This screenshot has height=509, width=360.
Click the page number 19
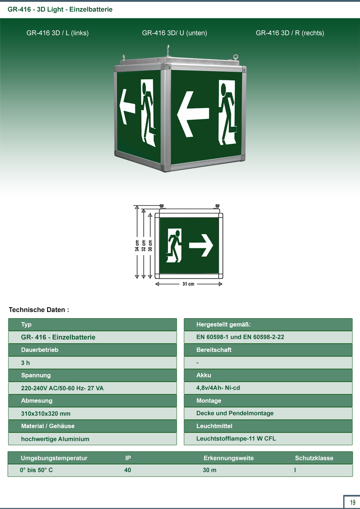click(x=353, y=502)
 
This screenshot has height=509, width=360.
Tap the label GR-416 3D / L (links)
click(x=57, y=33)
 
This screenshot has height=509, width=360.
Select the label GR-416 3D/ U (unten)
click(x=175, y=33)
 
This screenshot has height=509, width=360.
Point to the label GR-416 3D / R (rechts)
click(x=290, y=33)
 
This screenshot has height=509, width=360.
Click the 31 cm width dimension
click(x=188, y=284)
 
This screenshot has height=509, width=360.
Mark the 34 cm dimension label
click(x=137, y=245)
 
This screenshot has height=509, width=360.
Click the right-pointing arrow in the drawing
click(x=201, y=245)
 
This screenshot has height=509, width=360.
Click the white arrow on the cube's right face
click(x=193, y=114)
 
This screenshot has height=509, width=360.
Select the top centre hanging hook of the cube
click(x=168, y=50)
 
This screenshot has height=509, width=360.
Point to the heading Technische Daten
click(x=39, y=310)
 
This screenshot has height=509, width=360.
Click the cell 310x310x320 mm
click(x=46, y=414)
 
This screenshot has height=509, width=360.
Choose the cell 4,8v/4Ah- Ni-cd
click(x=218, y=388)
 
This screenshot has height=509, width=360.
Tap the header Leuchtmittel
click(x=214, y=426)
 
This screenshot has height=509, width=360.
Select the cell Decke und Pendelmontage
click(x=235, y=413)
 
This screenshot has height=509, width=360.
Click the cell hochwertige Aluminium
click(x=55, y=439)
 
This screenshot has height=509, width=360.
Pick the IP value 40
click(x=128, y=470)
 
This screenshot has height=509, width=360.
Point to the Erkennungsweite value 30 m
click(x=209, y=470)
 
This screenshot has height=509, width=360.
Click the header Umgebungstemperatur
click(x=54, y=458)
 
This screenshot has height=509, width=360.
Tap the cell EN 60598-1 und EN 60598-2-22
click(x=240, y=337)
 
